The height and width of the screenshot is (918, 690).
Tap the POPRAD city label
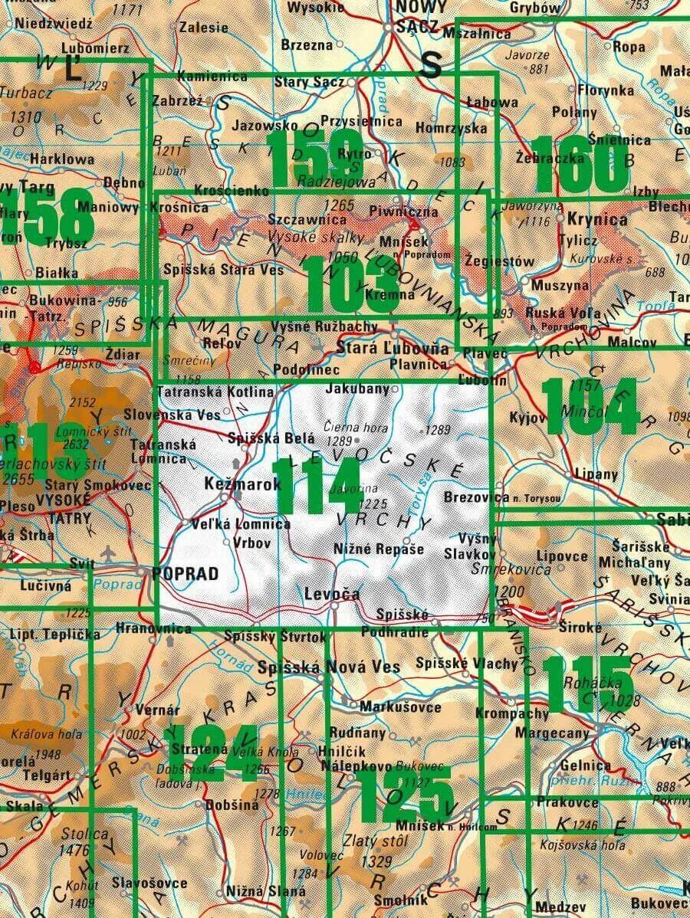tap(185, 573)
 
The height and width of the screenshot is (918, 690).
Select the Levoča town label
tap(331, 594)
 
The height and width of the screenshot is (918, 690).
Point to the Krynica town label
tap(597, 220)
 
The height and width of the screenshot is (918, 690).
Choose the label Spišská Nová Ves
tap(330, 667)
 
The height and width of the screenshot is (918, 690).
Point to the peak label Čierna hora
tap(354, 428)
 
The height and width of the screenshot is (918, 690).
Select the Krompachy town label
tap(511, 713)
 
